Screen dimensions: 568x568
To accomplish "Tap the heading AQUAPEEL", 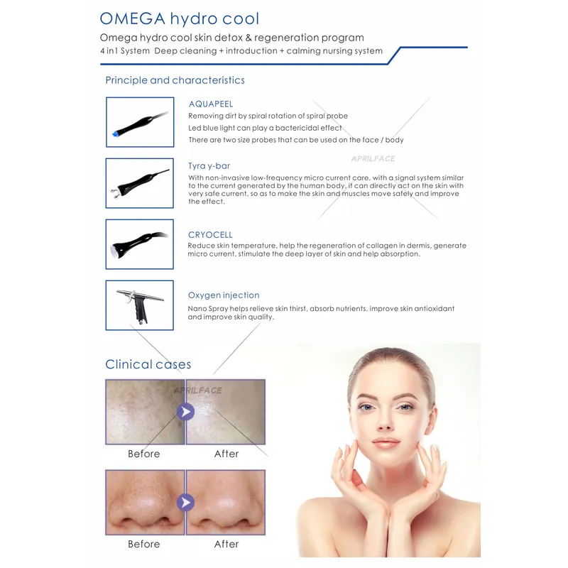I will click(x=211, y=104).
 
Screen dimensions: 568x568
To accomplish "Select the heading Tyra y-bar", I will click(x=207, y=166).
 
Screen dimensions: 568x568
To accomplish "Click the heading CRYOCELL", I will click(x=210, y=235).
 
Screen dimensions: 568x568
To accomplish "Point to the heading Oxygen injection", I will click(x=224, y=295).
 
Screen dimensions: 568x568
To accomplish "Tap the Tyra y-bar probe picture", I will click(x=139, y=182).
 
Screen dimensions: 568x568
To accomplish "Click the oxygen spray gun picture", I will click(x=139, y=305).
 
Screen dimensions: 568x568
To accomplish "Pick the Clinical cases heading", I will click(x=148, y=364).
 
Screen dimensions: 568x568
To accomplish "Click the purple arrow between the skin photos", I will click(x=185, y=411).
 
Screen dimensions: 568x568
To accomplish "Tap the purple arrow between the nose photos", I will click(x=185, y=503).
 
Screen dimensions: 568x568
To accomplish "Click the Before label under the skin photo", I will click(x=144, y=454).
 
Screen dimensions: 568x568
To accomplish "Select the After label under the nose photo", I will click(x=226, y=545).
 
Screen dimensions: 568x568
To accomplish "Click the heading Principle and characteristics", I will click(x=175, y=80).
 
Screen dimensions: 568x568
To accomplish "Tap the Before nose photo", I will click(x=144, y=503).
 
